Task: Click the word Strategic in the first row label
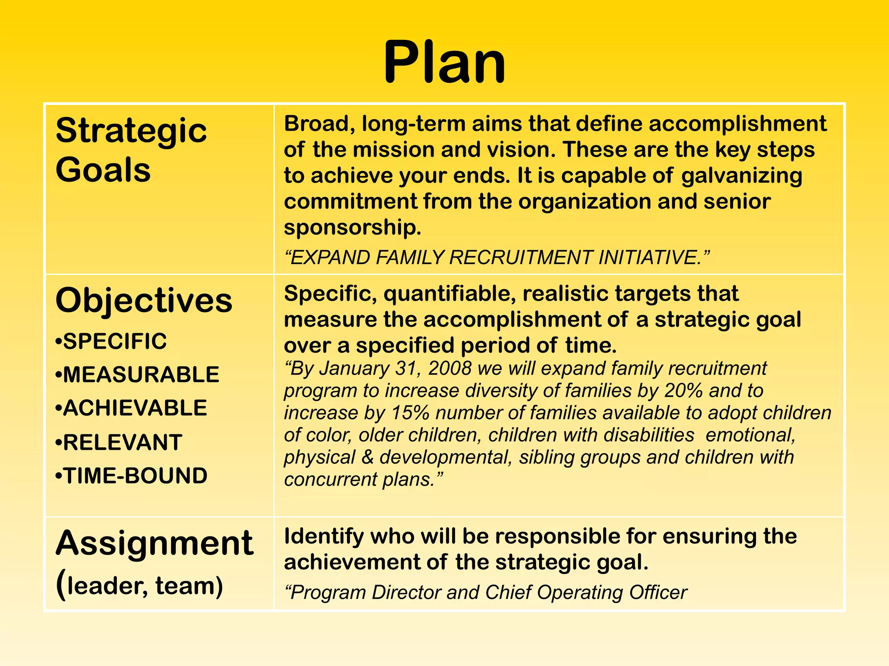(x=131, y=131)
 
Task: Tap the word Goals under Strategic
(x=103, y=170)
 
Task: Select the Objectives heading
(x=144, y=300)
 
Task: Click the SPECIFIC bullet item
(x=112, y=341)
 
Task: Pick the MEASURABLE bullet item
(x=138, y=375)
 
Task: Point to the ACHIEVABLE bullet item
(x=132, y=408)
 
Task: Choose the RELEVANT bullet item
(x=119, y=442)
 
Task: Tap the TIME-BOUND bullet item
(x=132, y=476)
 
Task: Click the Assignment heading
(x=155, y=543)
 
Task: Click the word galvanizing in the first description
(x=741, y=176)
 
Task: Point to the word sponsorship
(x=352, y=227)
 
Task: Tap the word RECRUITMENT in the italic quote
(x=520, y=258)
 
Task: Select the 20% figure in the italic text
(x=683, y=390)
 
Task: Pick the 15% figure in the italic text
(x=410, y=413)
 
